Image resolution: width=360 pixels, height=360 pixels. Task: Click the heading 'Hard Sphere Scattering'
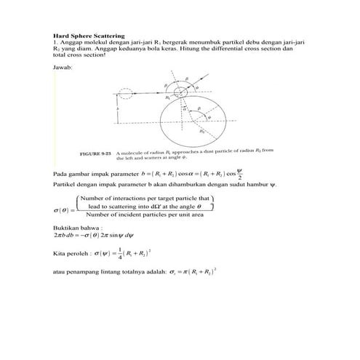pyautogui.click(x=89, y=35)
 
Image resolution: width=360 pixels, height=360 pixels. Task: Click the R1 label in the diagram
pyautogui.click(x=169, y=96)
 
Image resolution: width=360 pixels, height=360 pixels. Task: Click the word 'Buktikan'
pyautogui.click(x=67, y=228)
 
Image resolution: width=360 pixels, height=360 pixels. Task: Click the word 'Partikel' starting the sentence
pyautogui.click(x=66, y=185)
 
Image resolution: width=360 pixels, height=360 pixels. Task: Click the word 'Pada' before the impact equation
pyautogui.click(x=60, y=175)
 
